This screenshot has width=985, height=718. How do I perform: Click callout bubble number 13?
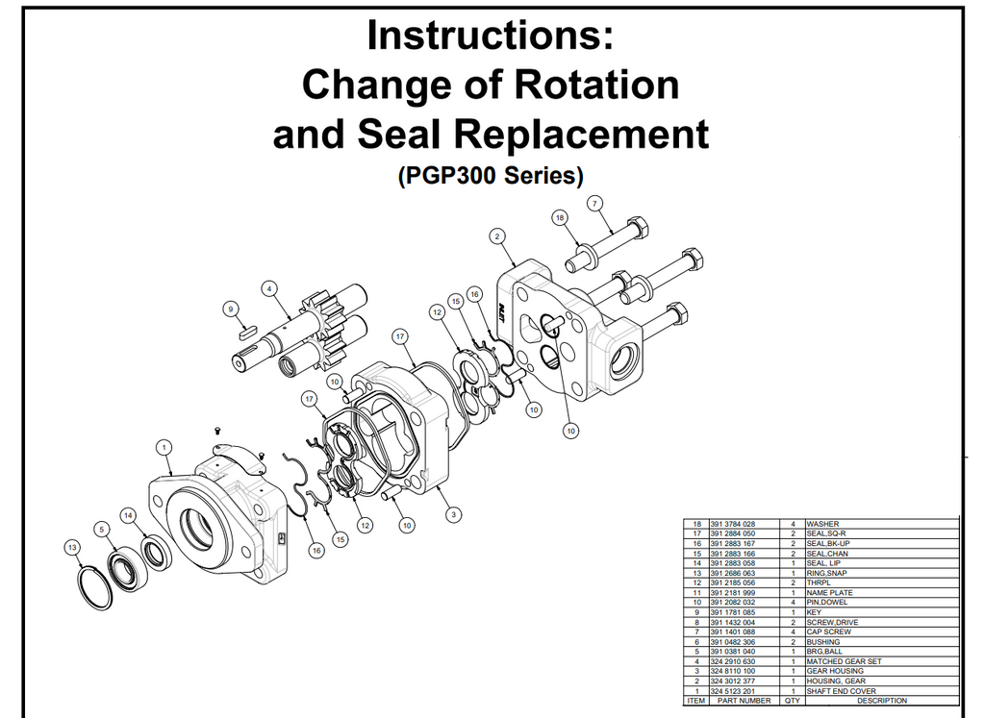[72, 547]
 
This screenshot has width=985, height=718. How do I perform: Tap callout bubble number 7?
[594, 204]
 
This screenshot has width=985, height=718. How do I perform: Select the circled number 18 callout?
[559, 218]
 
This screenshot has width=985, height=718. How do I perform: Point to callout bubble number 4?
[269, 288]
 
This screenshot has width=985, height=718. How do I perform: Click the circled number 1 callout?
[164, 448]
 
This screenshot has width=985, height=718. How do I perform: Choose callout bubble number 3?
[454, 514]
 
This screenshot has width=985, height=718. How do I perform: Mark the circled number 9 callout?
[231, 309]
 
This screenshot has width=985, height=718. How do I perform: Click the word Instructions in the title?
[490, 36]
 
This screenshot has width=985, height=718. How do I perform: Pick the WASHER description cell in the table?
[822, 524]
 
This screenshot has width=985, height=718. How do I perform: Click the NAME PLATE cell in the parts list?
[829, 592]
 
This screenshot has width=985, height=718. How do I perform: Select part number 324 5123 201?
[732, 691]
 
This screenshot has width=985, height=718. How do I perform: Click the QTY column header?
[793, 701]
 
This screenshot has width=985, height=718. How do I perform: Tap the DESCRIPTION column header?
[882, 701]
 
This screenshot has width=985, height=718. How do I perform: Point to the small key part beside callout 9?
[248, 328]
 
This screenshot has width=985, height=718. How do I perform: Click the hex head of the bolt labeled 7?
[637, 227]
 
